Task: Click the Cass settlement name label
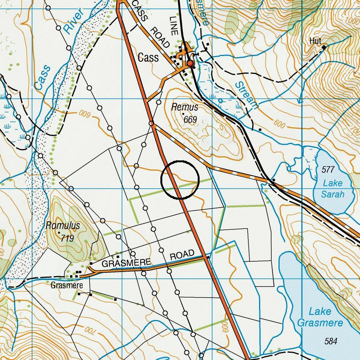pos(148,58)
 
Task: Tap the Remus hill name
pos(185,107)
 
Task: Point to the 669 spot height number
pos(190,120)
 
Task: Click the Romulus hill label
pos(63,225)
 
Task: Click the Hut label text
pos(315,40)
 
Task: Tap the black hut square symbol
pos(324,47)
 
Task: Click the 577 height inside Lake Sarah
pos(328,169)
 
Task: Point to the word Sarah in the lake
pos(332,194)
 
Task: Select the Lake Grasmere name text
pos(320,317)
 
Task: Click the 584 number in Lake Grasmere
pos(331,341)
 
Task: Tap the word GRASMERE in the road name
pos(127,263)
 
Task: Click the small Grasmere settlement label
pos(67,285)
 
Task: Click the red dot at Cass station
pos(190,63)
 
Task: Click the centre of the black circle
pos(180,179)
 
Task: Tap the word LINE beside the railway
pos(174,26)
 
